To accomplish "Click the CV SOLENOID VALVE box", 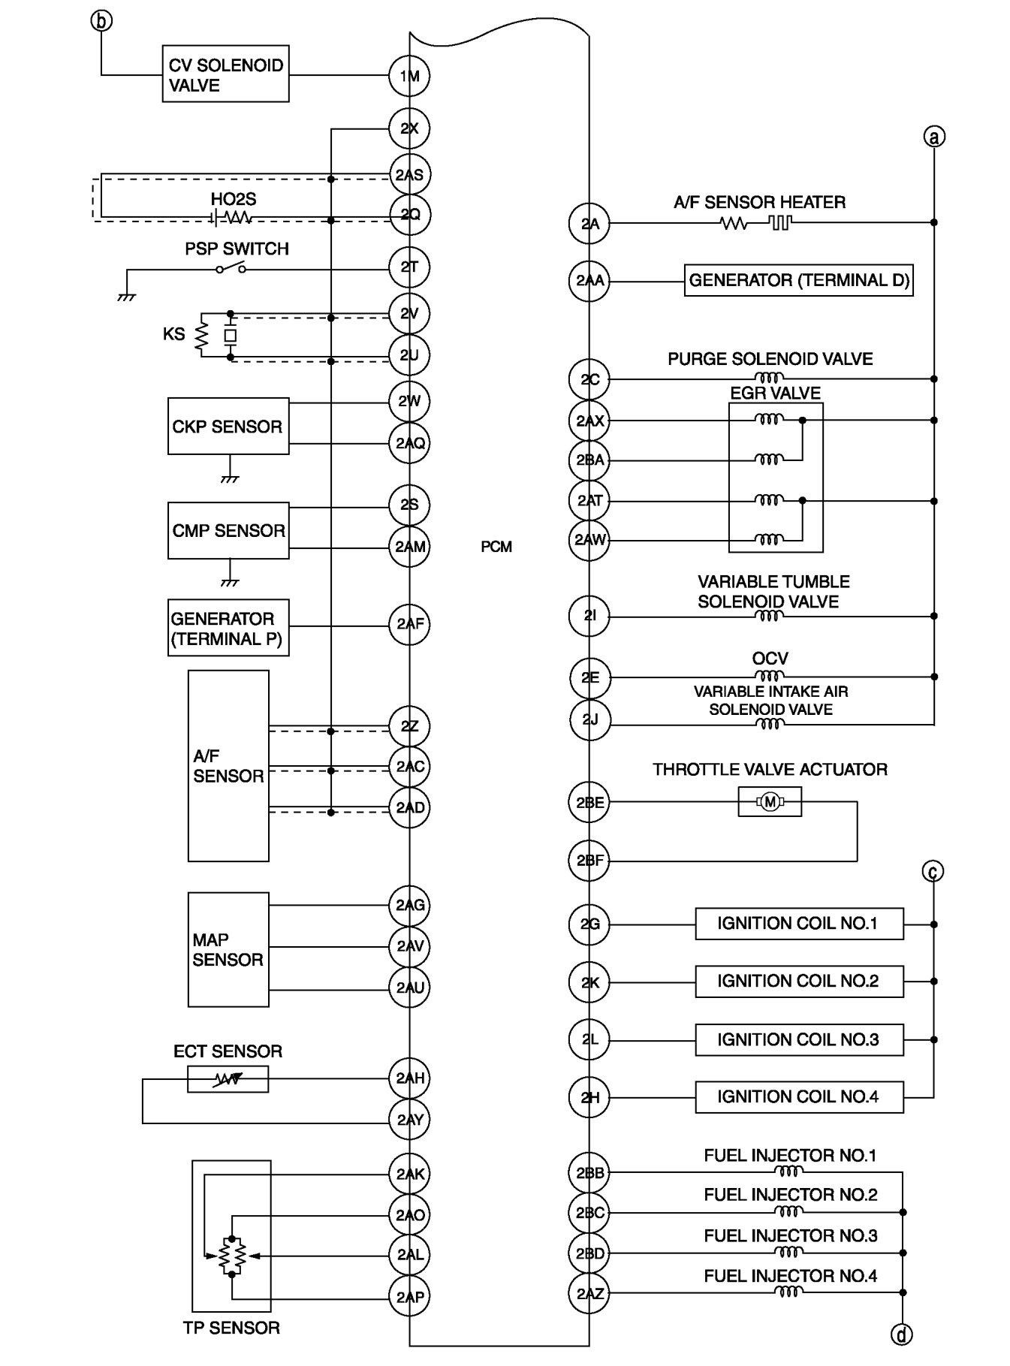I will (x=225, y=74).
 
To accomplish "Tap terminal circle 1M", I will (x=409, y=76).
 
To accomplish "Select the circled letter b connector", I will (x=101, y=20).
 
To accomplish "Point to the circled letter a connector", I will (x=933, y=137).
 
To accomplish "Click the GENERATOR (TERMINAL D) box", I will (x=798, y=281).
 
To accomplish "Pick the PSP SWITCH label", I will (x=237, y=249).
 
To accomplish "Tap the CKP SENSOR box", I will (x=228, y=426).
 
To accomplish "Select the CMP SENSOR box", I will (x=228, y=530).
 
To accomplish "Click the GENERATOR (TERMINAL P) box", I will (x=228, y=628).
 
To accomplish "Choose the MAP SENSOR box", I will (x=228, y=949).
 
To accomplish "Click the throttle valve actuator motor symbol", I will (x=770, y=802).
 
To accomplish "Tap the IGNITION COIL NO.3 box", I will (x=799, y=1039).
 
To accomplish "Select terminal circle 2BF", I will (x=589, y=861).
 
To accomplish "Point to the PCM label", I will (x=496, y=547).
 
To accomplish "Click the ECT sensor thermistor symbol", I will (x=228, y=1079).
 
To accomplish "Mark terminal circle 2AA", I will (x=589, y=281).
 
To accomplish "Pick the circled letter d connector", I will (x=901, y=1334).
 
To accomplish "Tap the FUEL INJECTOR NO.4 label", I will (x=790, y=1276).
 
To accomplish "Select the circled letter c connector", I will (x=933, y=871).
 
